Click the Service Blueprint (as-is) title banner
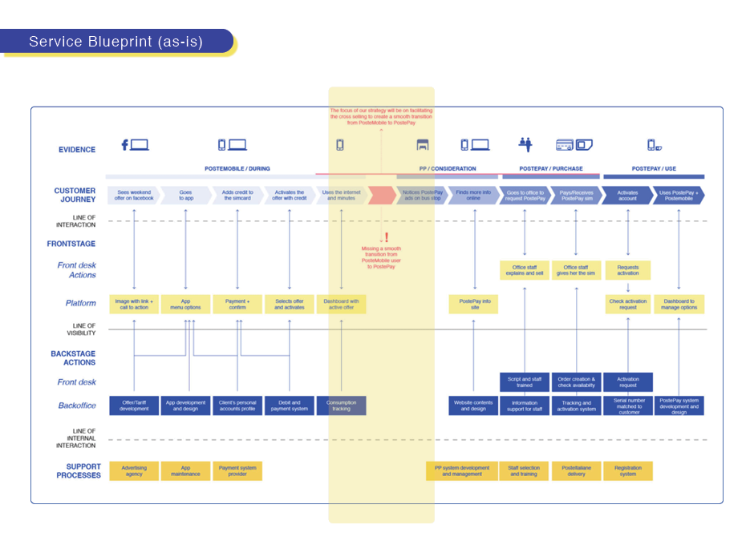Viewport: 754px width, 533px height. pos(116,41)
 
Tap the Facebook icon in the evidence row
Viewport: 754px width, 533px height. pos(125,145)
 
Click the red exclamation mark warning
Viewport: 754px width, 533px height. pos(386,237)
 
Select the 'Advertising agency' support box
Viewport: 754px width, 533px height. pos(134,470)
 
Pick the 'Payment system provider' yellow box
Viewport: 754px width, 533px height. pos(237,470)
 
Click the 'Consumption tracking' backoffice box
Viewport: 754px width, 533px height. pos(341,406)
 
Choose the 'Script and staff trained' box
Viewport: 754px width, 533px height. pos(525,382)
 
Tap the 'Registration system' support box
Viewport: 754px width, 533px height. pos(627,470)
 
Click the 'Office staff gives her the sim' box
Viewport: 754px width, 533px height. pos(576,271)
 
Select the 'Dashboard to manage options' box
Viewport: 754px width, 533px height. pos(679,304)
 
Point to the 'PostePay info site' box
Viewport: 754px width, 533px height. pos(473,304)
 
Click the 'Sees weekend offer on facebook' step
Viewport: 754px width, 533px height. pos(133,196)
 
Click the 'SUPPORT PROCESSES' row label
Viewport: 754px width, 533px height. pos(79,470)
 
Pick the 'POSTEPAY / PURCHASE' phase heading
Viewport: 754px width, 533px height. pos(551,169)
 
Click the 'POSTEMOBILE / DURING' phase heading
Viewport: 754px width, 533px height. pos(237,169)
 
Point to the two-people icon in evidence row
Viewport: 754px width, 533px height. pos(525,144)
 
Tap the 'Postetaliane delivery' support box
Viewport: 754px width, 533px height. pos(576,470)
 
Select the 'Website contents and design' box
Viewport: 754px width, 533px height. pos(473,406)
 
